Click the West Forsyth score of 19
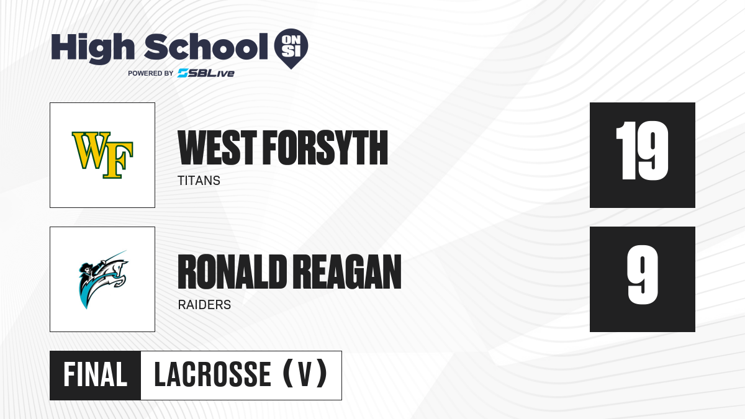(642, 151)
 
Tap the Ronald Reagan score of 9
(643, 274)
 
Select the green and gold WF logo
(102, 155)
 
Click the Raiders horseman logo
(103, 279)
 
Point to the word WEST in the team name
(217, 148)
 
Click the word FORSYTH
(325, 148)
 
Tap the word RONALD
(232, 272)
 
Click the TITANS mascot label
(199, 181)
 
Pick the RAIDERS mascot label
(204, 305)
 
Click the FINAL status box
(96, 375)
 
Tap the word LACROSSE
(213, 374)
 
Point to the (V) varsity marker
(305, 374)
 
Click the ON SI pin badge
(291, 48)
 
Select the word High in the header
(93, 48)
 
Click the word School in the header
(206, 47)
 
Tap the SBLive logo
(206, 73)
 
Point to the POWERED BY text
(151, 73)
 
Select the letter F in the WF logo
(118, 160)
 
